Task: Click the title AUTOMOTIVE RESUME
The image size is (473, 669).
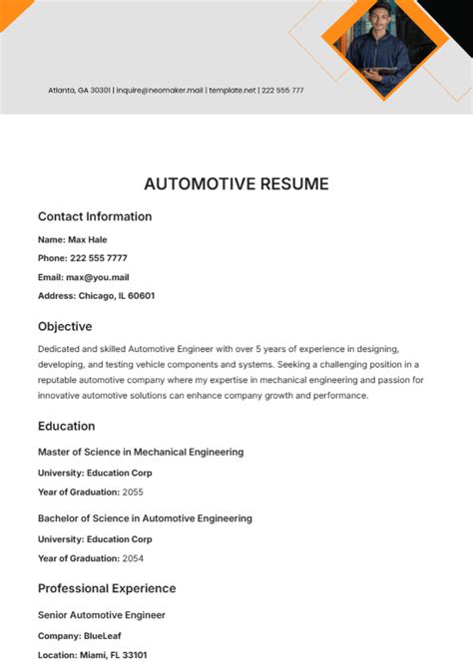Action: (236, 183)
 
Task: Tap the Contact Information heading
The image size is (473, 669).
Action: (95, 216)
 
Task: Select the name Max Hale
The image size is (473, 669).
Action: (87, 239)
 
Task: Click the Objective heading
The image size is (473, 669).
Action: (65, 326)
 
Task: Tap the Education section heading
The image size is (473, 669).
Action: (66, 426)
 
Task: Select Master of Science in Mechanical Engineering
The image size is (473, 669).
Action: (140, 452)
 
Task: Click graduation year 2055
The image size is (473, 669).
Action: (134, 492)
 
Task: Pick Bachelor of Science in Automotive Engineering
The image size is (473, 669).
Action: (145, 518)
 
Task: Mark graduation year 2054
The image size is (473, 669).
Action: (134, 558)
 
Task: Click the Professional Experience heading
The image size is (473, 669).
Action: (107, 588)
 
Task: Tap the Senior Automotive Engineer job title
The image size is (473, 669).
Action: (101, 615)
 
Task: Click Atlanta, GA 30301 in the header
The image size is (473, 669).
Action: (79, 91)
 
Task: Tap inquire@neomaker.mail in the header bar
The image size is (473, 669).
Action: (160, 91)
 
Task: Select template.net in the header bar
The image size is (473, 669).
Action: (232, 91)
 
